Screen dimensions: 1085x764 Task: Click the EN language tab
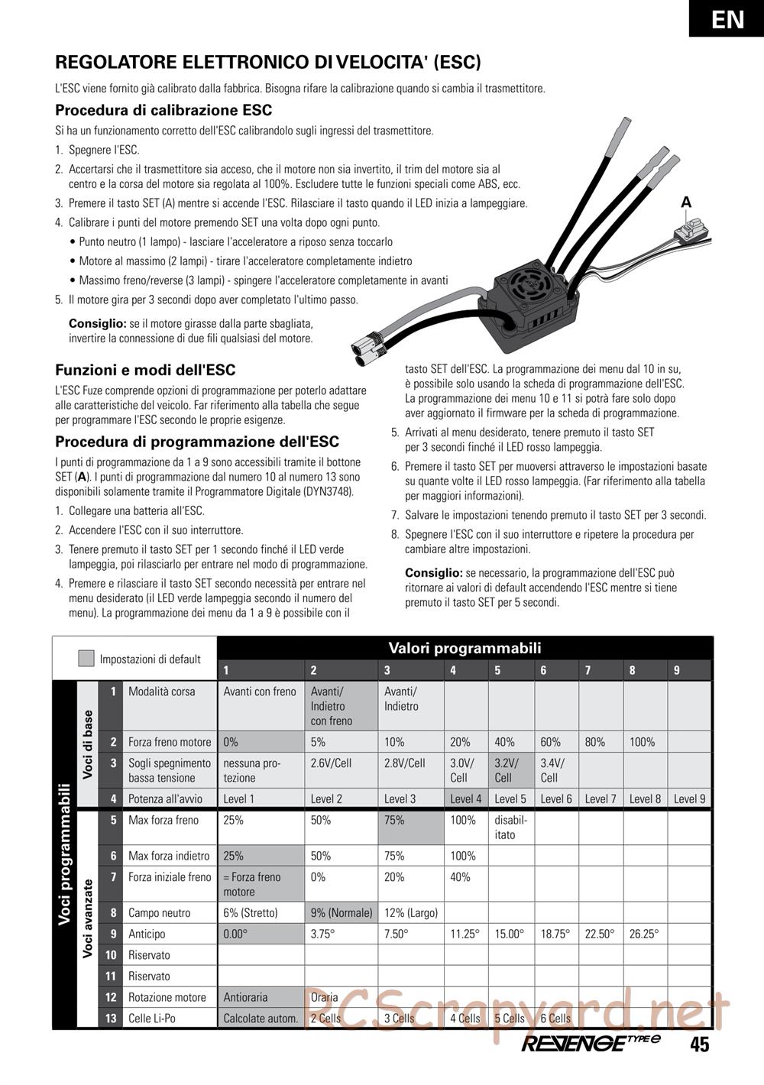[x=727, y=18]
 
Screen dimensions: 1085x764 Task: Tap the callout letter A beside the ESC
[x=686, y=202]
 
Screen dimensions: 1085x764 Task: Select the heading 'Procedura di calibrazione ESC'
[x=163, y=111]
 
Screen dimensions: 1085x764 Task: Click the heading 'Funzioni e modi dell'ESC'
[x=145, y=371]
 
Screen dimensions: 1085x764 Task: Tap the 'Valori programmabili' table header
[x=465, y=648]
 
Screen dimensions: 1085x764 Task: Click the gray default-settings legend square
[x=86, y=659]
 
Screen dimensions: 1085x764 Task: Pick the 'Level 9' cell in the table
[x=689, y=799]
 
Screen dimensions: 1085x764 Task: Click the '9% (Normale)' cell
[x=342, y=913]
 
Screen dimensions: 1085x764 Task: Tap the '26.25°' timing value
[x=644, y=934]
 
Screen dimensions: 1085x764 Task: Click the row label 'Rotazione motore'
[x=167, y=997]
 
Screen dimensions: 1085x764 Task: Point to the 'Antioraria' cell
[x=246, y=997]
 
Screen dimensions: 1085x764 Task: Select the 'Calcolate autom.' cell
[x=261, y=1019]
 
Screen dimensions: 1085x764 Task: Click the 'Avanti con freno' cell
[x=260, y=691]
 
